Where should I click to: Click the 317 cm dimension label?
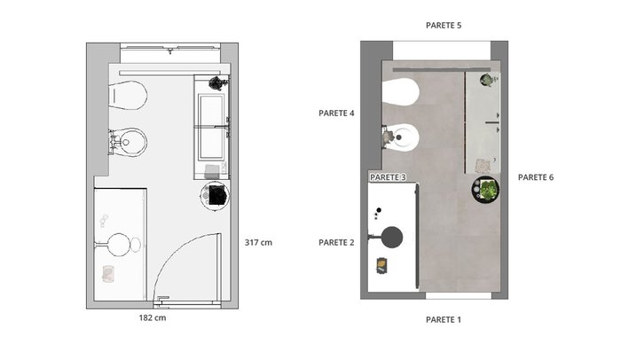[x=258, y=242]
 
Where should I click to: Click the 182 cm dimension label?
[x=153, y=317]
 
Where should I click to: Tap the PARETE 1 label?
[x=444, y=319]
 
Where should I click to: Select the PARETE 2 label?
[x=336, y=242]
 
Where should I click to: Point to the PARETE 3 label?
[x=388, y=177]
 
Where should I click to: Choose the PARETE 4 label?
[x=336, y=113]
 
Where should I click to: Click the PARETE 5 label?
[x=444, y=26]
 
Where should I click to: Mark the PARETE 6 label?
[x=536, y=177]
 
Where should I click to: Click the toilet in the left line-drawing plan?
[x=128, y=96]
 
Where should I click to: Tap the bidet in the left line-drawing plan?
[x=129, y=142]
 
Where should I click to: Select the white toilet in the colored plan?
[x=401, y=92]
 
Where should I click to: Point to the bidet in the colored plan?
[x=401, y=137]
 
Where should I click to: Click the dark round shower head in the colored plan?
[x=392, y=238]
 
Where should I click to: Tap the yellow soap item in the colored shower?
[x=381, y=264]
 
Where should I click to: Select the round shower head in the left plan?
[x=119, y=245]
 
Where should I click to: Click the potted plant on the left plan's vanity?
[x=217, y=82]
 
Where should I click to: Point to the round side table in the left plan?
[x=215, y=196]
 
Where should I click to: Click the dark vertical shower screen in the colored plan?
[x=417, y=236]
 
